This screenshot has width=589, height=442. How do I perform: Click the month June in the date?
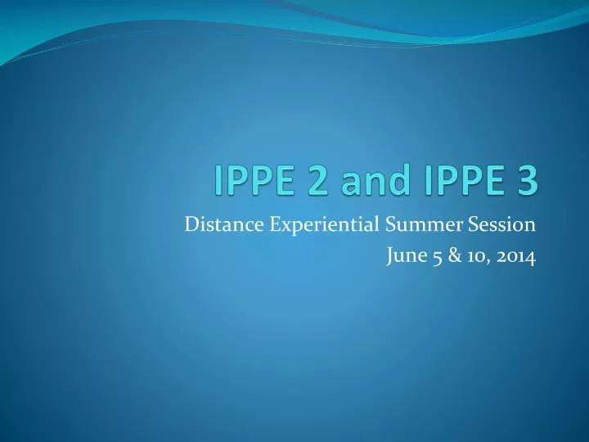[x=402, y=259]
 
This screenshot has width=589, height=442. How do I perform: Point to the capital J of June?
[x=388, y=259]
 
